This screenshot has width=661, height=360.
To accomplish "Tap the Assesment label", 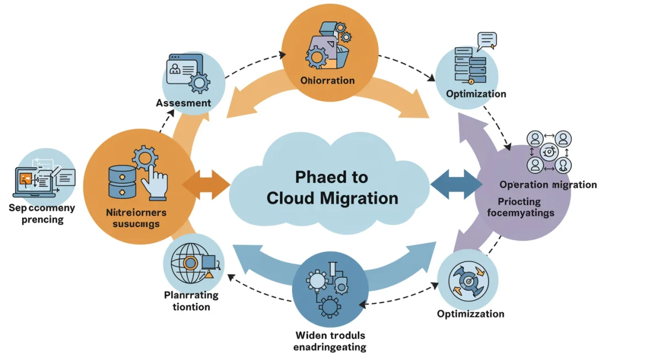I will coord(183,103).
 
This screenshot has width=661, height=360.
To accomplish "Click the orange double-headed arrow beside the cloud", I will coord(206,184).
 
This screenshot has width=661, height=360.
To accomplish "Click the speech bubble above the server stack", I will coord(487,39).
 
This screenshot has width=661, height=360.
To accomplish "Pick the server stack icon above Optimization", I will coord(469,63).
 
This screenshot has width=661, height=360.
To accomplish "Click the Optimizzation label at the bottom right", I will coord(470,314).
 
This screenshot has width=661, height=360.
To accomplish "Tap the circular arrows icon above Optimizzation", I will coord(468,280).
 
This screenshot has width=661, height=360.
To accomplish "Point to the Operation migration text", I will coord(548,184).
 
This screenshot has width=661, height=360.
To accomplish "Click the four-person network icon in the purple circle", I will coord(549,151).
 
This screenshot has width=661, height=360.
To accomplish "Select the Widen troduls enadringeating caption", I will coord(330,341).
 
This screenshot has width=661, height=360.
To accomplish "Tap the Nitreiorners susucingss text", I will coord(136,217).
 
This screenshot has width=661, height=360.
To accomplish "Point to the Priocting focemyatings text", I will coord(520,207).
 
